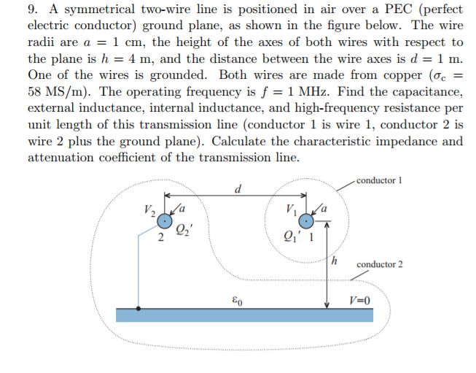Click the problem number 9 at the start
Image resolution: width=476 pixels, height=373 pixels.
33,11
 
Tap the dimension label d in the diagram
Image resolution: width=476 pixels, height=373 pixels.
238,191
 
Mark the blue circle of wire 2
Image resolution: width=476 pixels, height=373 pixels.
168,220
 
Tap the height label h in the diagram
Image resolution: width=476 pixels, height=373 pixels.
335,260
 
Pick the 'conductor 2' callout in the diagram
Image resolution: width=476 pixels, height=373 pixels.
379,264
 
